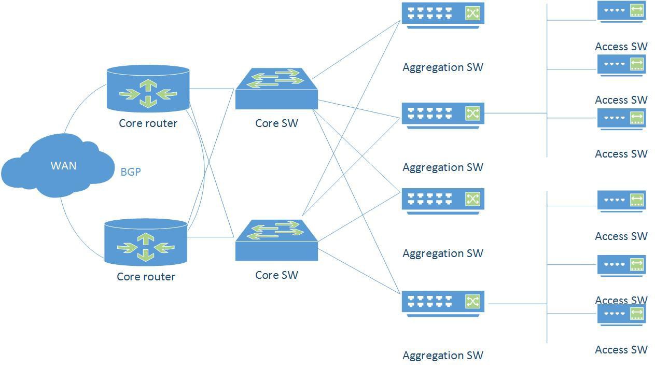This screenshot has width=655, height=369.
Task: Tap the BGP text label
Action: coord(131,172)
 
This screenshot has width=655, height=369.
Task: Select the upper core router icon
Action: coord(148,89)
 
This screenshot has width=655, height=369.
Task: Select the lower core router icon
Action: coord(146,243)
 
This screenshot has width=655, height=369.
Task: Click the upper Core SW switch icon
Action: coord(276,89)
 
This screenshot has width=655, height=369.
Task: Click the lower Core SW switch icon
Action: coord(276,241)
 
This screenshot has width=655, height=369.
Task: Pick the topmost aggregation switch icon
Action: coord(443,15)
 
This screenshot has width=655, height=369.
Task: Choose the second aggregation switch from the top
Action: coord(443,115)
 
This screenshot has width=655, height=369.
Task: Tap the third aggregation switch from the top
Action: coord(443,201)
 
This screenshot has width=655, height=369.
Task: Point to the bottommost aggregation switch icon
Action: coord(443,303)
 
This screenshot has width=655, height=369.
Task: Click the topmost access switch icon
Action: coord(621,11)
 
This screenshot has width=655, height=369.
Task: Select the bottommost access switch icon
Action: coord(621,315)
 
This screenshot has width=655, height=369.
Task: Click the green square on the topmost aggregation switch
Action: coord(472,13)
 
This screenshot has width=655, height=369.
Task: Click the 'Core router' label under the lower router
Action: coord(146,277)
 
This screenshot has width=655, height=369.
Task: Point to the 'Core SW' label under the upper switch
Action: coord(276,123)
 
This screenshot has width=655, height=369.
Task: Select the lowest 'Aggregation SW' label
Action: coord(443,356)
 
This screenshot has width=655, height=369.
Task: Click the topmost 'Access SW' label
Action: coord(621,47)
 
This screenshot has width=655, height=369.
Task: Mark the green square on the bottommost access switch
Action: coord(637,314)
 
